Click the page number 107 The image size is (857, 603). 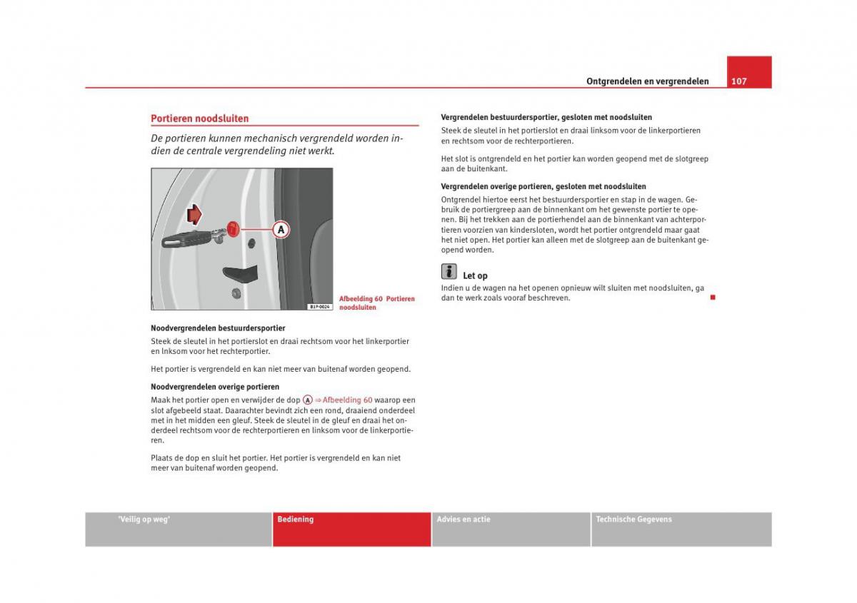[739, 81]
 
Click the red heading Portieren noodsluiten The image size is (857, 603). [199, 118]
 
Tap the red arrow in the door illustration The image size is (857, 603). [194, 214]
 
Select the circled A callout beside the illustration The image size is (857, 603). [281, 229]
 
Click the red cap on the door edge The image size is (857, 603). [234, 228]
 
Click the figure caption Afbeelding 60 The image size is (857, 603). [376, 303]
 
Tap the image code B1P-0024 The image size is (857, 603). [321, 307]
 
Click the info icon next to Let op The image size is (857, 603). [448, 271]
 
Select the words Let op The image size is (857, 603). [475, 275]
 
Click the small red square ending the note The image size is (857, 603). [712, 297]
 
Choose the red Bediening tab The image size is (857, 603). [351, 529]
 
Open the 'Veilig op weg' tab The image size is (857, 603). [178, 529]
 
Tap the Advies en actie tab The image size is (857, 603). [511, 529]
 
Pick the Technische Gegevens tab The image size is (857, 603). [681, 529]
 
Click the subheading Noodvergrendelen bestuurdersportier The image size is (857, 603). [218, 328]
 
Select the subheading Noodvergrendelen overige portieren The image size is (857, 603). [215, 387]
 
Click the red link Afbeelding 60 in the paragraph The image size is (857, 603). [347, 400]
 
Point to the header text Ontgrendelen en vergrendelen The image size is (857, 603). [647, 81]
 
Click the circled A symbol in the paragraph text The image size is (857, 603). [308, 400]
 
